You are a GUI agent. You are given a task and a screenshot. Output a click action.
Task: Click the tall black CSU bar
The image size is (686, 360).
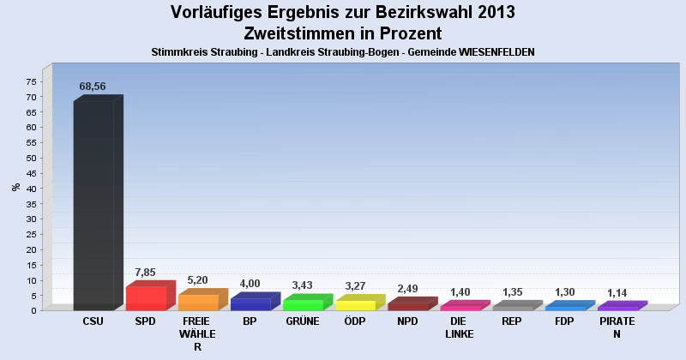click(93, 206)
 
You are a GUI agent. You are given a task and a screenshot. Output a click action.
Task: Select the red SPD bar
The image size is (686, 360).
click(146, 297)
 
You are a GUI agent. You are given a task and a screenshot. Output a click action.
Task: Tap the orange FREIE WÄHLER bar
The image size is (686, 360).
click(198, 302)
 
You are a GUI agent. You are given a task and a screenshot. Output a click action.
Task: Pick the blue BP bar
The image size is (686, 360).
click(250, 303)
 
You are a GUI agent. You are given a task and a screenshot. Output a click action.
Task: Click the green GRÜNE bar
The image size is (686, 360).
click(303, 304)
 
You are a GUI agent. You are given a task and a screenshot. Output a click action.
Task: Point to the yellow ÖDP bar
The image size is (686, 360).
click(355, 304)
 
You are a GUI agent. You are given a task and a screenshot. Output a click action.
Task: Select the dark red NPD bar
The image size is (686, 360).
click(407, 305)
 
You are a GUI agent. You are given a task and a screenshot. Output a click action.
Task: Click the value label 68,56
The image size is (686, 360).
click(93, 87)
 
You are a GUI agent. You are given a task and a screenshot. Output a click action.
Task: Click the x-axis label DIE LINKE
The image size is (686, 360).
click(460, 327)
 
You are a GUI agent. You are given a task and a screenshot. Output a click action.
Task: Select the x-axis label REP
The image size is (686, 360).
click(512, 321)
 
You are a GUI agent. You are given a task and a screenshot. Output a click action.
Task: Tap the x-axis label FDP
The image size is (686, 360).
click(564, 321)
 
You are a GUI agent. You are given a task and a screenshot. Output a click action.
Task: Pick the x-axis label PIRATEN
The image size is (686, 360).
click(617, 327)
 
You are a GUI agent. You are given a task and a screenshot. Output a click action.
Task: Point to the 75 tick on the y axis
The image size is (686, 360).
click(31, 81)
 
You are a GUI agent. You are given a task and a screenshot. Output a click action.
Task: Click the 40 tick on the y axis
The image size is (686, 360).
click(31, 189)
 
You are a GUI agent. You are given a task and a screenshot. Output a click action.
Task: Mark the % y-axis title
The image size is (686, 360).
click(15, 187)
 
